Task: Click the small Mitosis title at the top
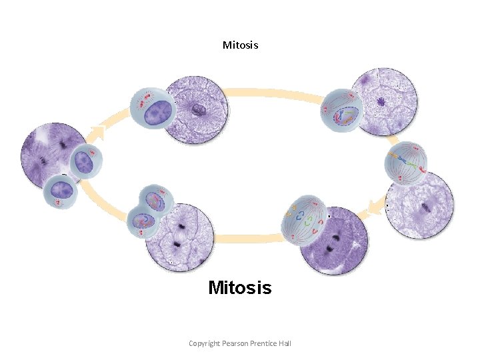pyautogui.click(x=240, y=45)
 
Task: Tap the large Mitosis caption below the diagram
pyautogui.click(x=240, y=288)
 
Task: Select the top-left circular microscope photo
pyautogui.click(x=197, y=109)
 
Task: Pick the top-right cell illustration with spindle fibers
pyautogui.click(x=341, y=110)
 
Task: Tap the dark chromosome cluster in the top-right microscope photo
pyautogui.click(x=381, y=102)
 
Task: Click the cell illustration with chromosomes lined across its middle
pyautogui.click(x=406, y=161)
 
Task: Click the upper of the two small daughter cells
pyautogui.click(x=85, y=162)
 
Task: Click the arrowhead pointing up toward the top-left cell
pyautogui.click(x=97, y=131)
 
